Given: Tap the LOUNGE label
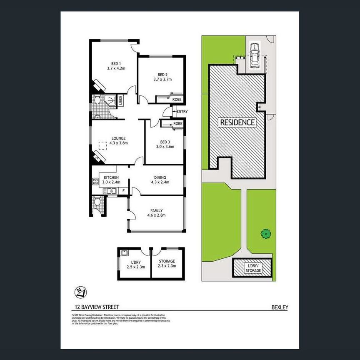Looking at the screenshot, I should [x=118, y=138].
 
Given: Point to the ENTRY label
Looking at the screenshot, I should [x=182, y=112].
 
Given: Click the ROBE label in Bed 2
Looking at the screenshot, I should [x=177, y=100].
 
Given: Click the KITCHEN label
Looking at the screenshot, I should [x=111, y=177].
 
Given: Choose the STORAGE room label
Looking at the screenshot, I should [x=167, y=261].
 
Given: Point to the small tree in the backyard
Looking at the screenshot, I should [x=265, y=234].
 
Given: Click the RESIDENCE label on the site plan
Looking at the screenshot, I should [x=237, y=122].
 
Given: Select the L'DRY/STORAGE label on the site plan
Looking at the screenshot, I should [x=253, y=268].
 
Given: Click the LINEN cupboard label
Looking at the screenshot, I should [x=120, y=100].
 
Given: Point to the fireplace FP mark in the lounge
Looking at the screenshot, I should [x=97, y=158].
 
